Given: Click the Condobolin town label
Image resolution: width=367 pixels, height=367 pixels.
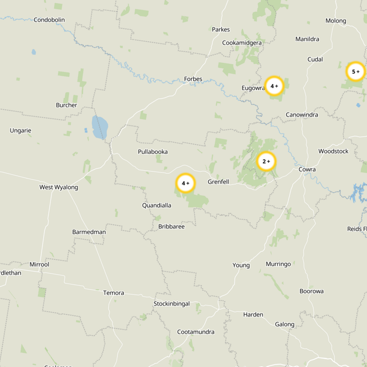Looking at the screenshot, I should [49, 20].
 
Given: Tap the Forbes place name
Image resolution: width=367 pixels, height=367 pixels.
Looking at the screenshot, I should [193, 79].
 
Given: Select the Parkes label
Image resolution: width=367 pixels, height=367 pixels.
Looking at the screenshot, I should [221, 29].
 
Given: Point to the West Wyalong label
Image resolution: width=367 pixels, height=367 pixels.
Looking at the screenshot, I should [59, 187].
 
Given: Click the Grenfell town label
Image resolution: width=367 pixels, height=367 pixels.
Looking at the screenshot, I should [218, 182].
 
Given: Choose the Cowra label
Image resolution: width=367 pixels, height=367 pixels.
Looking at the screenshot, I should [307, 169].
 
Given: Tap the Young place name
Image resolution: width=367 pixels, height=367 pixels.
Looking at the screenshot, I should [241, 265].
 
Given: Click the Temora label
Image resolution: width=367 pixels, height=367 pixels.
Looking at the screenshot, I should [113, 293].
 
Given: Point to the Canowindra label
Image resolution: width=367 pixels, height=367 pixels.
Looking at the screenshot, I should [302, 115].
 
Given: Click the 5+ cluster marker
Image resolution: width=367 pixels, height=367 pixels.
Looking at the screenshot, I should [356, 72].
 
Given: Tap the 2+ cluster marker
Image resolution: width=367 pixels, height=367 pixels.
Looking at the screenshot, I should [266, 161].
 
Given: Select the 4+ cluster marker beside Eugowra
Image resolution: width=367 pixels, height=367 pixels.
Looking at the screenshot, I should [274, 86].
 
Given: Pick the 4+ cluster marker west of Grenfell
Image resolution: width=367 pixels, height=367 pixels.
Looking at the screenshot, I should [186, 183].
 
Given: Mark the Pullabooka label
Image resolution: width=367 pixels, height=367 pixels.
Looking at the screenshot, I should [153, 152].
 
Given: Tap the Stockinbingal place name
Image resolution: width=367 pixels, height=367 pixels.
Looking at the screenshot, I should [172, 304].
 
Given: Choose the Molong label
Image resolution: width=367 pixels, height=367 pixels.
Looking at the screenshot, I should [336, 21].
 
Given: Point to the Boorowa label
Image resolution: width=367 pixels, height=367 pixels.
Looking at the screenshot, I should [311, 291].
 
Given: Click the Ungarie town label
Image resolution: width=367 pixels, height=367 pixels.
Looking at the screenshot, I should [21, 131].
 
